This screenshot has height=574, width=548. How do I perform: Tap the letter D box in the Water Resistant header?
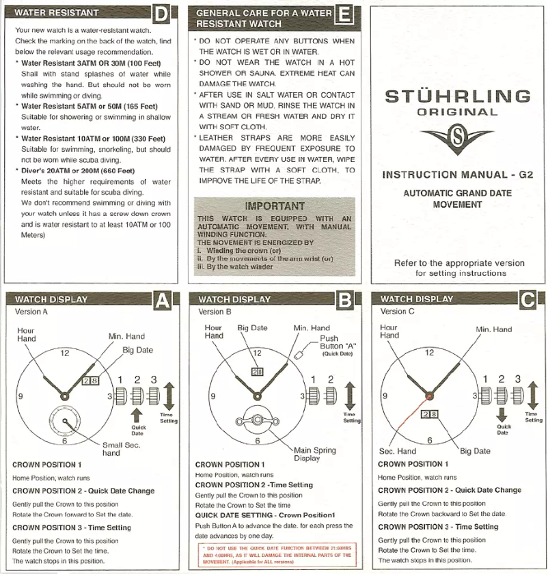click(161, 14)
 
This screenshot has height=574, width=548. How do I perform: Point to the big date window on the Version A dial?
click(90, 381)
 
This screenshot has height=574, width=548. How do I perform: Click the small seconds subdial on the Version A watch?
click(65, 419)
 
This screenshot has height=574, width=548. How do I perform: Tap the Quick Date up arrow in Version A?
click(137, 414)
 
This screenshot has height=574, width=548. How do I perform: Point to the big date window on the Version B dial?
click(258, 372)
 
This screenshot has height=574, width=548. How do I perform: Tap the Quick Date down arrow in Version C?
click(502, 414)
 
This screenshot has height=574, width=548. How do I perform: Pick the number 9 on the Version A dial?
click(21, 396)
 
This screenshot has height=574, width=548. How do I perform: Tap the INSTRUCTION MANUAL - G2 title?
click(456, 175)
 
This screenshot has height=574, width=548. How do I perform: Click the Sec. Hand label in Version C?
click(397, 451)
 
